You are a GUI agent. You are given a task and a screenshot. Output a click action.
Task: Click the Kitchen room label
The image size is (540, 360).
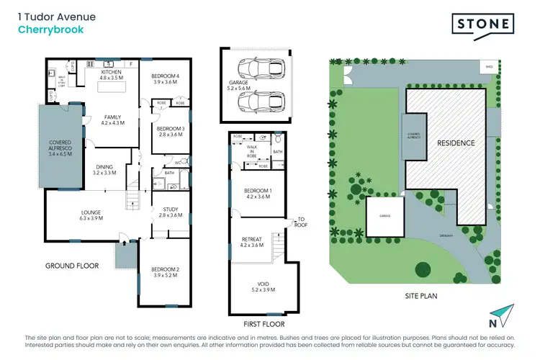(x=110, y=74)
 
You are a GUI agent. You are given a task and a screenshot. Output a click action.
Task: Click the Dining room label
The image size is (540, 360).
(x=105, y=170)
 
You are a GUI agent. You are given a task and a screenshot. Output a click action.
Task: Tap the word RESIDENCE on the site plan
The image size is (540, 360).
(x=456, y=143)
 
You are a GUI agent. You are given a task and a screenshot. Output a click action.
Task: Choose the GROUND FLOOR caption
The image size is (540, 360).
(x=71, y=266)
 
